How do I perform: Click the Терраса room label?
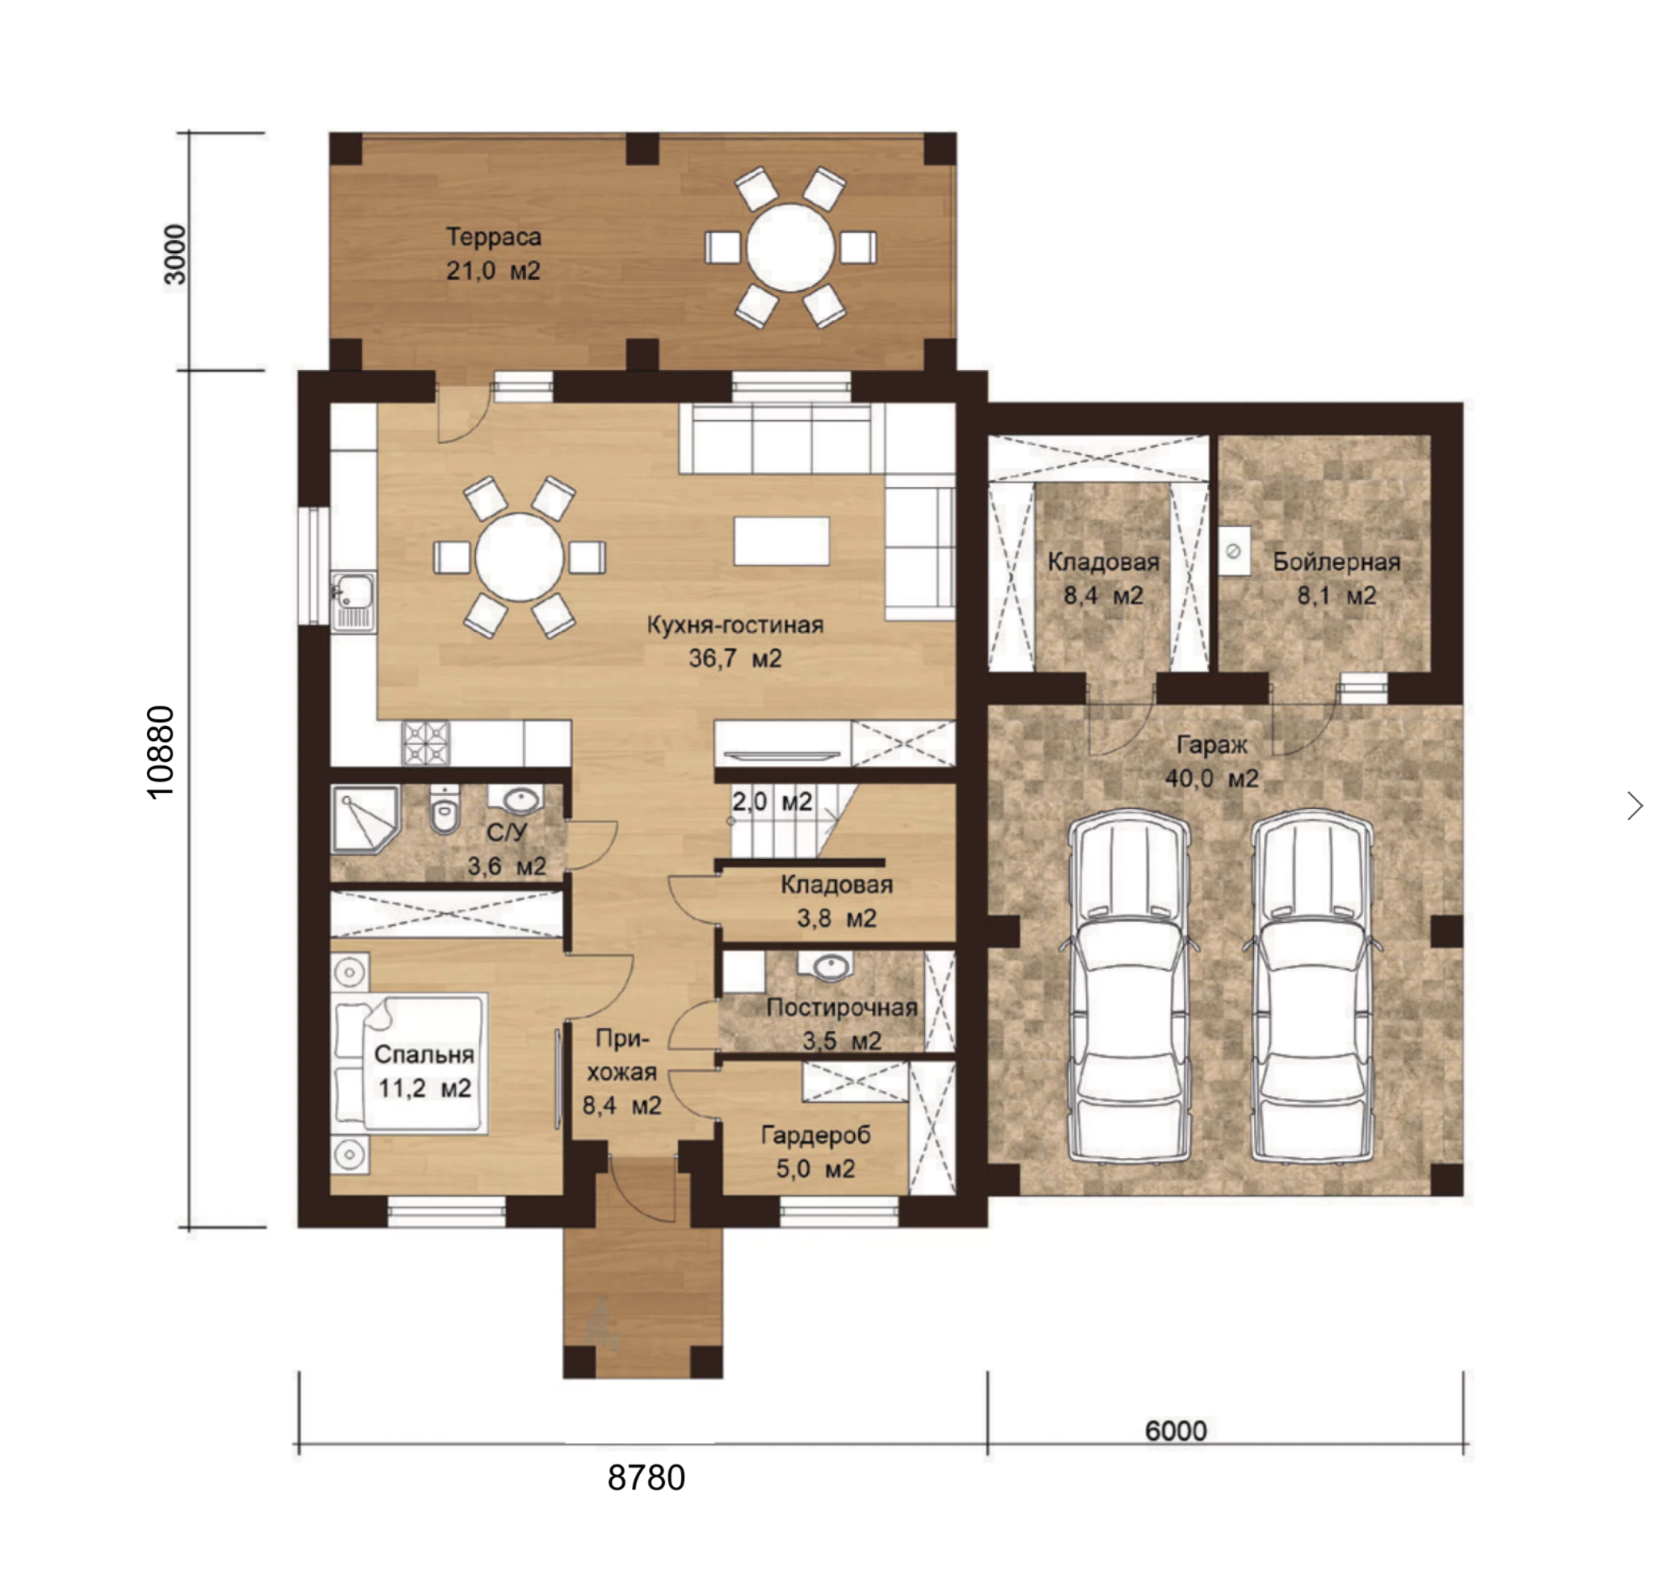493,237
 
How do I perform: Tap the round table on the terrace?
790,248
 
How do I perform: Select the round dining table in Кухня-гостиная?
520,558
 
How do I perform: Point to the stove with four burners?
426,743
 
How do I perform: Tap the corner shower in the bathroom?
365,819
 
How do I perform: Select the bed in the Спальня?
410,1063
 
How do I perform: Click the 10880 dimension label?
161,752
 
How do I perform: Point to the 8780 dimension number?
646,1477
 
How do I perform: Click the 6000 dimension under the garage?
1176,1430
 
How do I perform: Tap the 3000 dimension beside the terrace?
174,255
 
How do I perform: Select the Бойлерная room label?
1336,562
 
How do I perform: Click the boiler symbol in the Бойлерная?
1234,551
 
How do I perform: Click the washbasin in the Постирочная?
824,966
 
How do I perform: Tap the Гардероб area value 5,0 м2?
814,1169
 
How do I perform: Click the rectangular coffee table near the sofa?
781,541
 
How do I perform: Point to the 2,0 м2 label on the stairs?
772,801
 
